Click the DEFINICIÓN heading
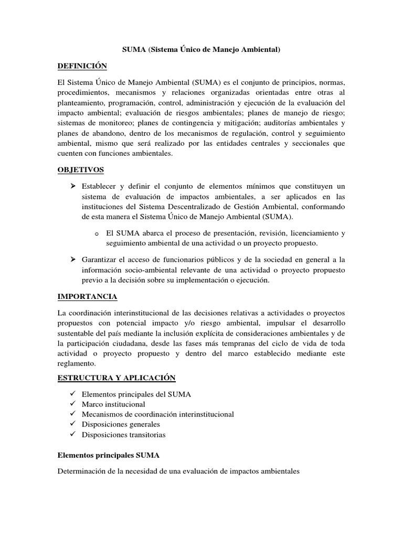point(82,66)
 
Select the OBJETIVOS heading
point(80,169)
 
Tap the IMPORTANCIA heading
point(87,297)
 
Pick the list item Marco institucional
point(113,404)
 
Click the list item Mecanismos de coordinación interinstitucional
point(158,414)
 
